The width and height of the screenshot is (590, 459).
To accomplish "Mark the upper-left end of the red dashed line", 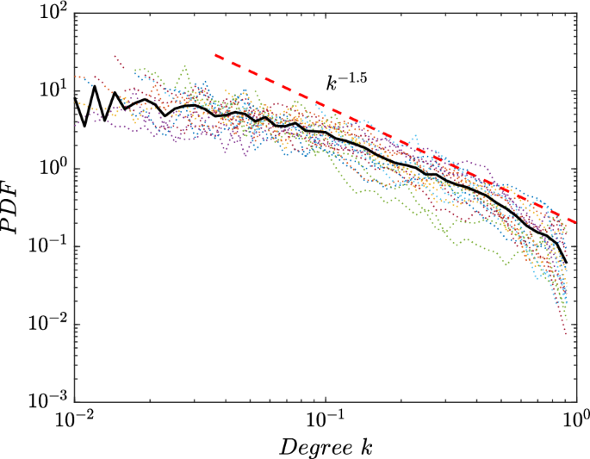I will [x=215, y=55].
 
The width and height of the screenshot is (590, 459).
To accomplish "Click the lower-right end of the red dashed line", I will [x=575, y=221].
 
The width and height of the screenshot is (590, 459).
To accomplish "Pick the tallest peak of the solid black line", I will [x=95, y=86].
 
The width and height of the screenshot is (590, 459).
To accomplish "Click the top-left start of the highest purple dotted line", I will [x=115, y=55].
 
